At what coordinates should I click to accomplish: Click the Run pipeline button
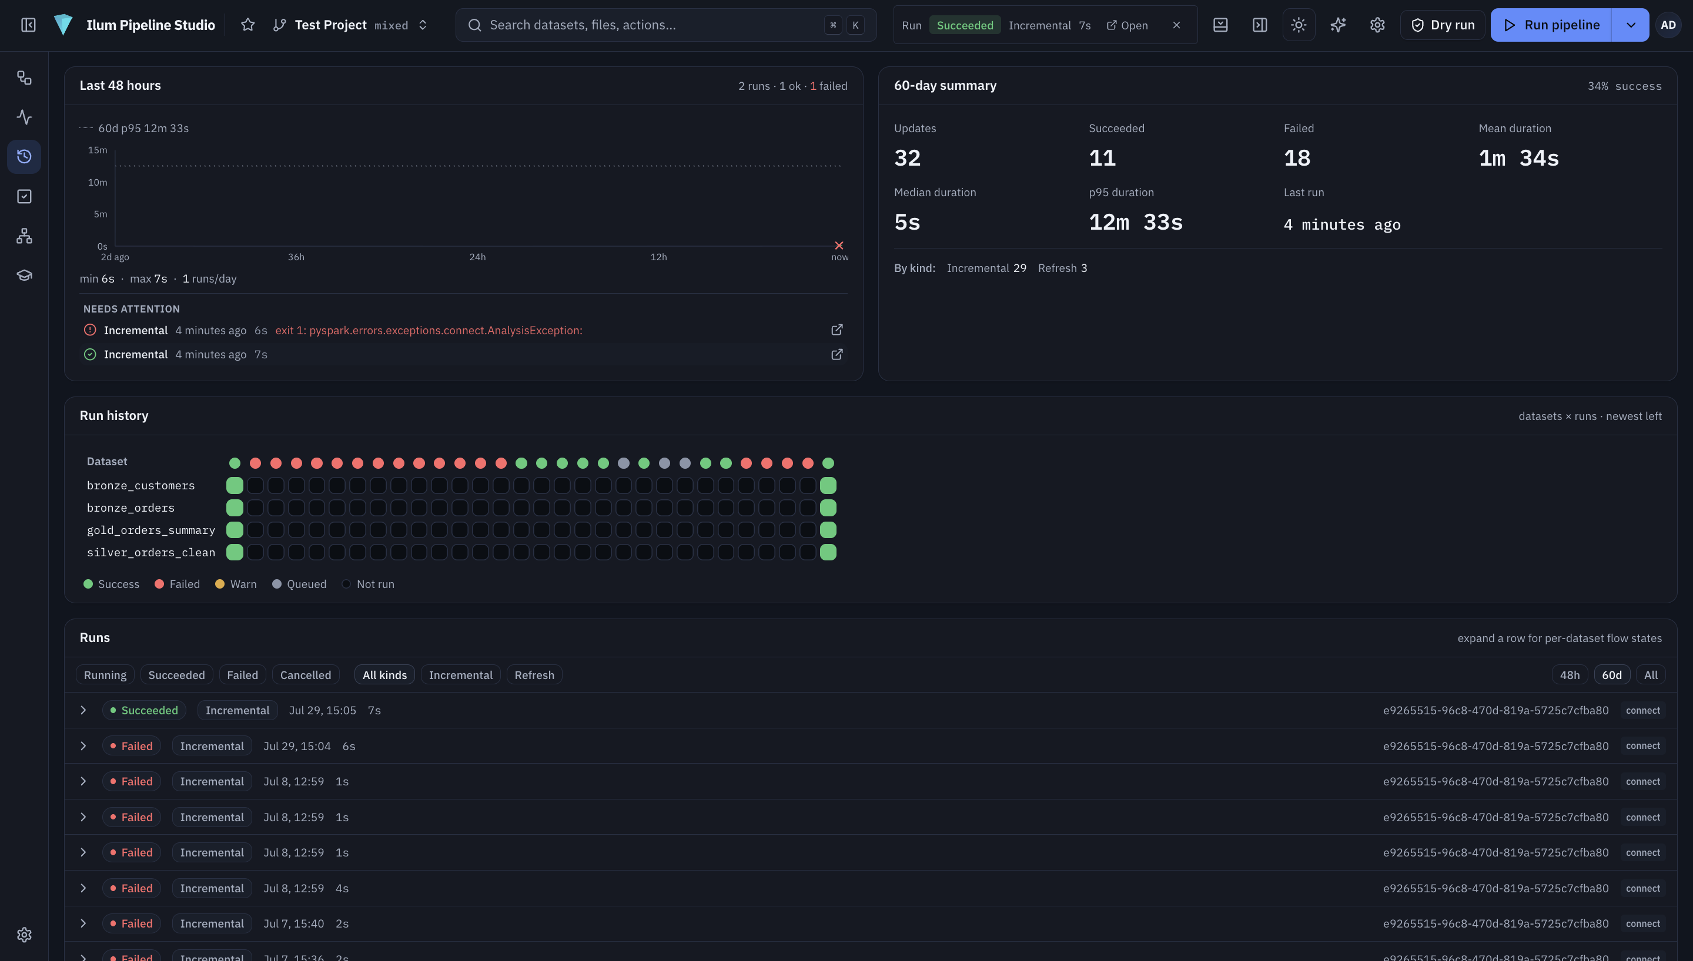coord(1551,25)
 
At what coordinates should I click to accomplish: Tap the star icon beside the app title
coord(247,25)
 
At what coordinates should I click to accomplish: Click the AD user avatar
coord(1668,25)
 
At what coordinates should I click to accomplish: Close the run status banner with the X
coord(1176,25)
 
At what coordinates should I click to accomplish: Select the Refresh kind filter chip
coord(534,674)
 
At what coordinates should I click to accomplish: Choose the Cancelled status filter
coord(305,674)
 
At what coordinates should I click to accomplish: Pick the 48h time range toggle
coord(1570,674)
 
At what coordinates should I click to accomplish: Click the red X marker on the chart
coord(839,246)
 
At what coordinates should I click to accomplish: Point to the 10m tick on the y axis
coord(98,182)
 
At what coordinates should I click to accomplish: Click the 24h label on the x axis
coord(477,257)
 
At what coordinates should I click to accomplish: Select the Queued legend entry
coord(299,584)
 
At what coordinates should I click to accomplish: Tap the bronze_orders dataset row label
coord(131,508)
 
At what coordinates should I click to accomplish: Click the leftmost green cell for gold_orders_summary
coord(235,529)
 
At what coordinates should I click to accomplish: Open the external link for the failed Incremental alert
coord(837,330)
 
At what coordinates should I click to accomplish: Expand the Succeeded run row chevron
coord(83,710)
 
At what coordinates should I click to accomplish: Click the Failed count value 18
coord(1297,159)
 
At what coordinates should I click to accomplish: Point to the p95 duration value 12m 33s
coord(1136,223)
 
